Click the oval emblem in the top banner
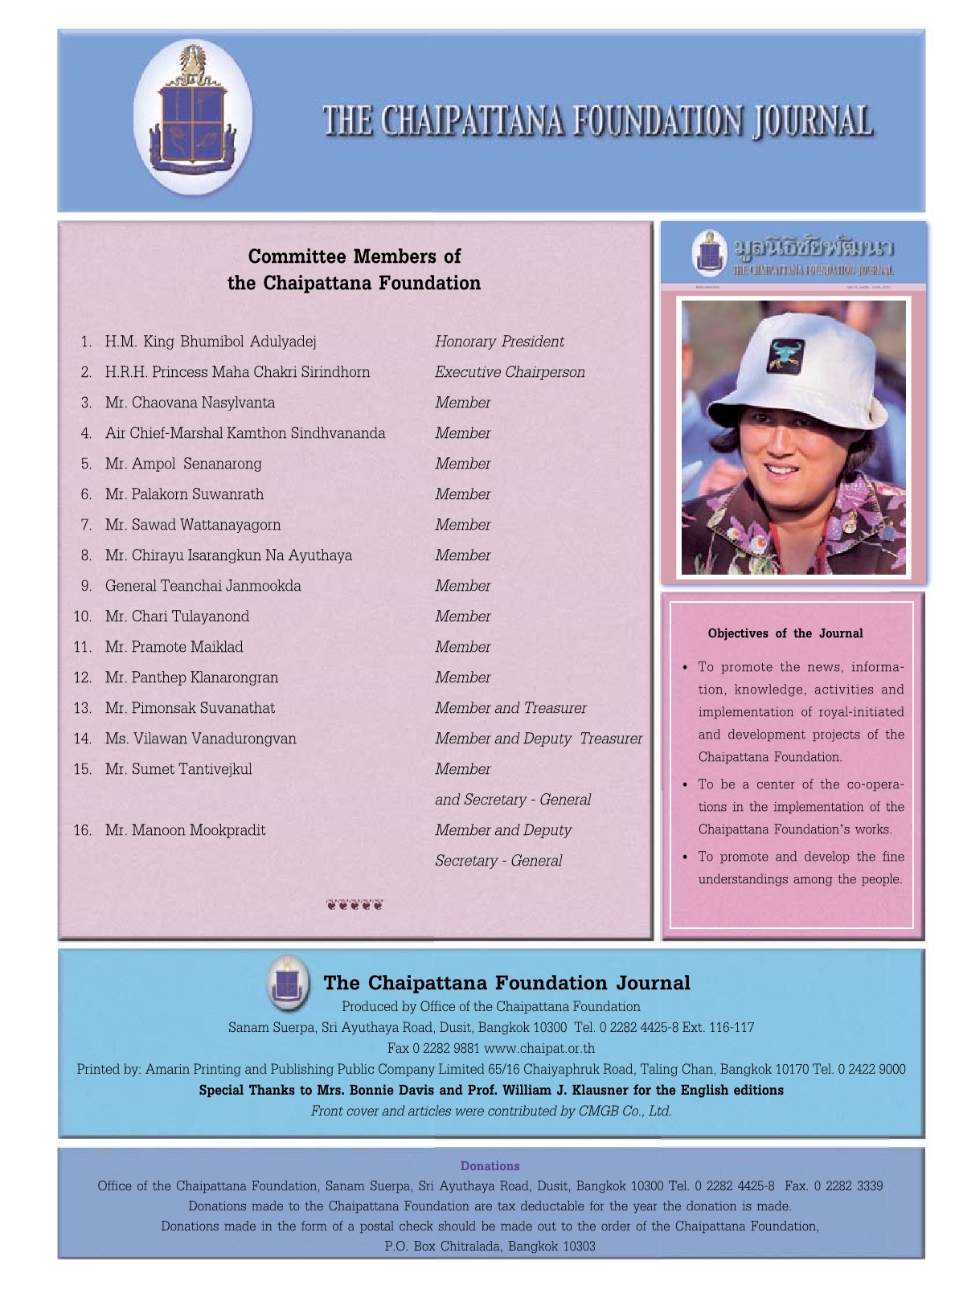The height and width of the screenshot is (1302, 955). (193, 120)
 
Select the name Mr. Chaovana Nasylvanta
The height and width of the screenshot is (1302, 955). (190, 403)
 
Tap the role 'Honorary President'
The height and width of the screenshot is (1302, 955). (499, 342)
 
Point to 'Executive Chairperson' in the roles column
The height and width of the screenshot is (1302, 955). (510, 372)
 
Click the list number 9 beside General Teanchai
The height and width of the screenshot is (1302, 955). (86, 586)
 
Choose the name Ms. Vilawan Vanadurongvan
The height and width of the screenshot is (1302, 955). (200, 739)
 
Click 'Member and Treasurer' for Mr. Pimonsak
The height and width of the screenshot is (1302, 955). (510, 708)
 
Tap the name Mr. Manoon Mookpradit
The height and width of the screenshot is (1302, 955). (185, 830)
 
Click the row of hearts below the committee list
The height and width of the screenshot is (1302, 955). (355, 906)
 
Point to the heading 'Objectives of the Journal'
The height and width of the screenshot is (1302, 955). (785, 633)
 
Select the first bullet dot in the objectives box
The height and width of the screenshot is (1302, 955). (685, 667)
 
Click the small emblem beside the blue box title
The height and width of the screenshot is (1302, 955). (287, 982)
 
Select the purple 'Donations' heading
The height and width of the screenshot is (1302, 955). (490, 1166)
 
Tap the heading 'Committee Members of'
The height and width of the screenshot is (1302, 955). (355, 256)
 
